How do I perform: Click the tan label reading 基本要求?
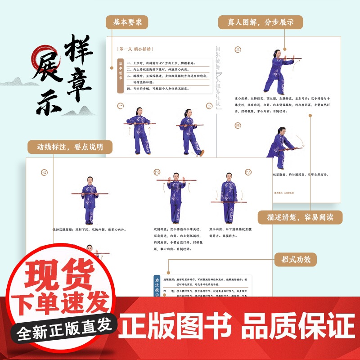click(x=127, y=22)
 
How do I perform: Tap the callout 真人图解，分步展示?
click(x=260, y=22)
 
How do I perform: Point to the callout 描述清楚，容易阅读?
click(x=300, y=218)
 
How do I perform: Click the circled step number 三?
click(x=238, y=49)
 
